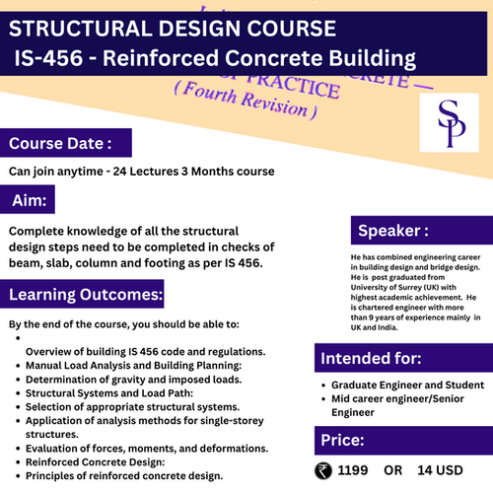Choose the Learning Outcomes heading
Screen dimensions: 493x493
(x=86, y=294)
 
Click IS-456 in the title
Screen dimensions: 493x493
(x=48, y=58)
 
